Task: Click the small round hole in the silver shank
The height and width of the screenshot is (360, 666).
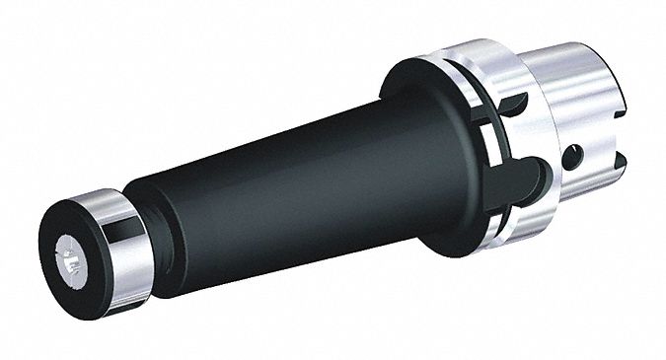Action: point(570,156)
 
